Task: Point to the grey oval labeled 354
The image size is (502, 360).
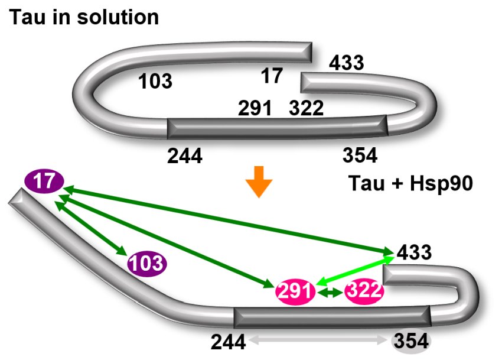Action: click(x=411, y=341)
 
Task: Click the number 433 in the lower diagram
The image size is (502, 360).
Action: click(x=413, y=253)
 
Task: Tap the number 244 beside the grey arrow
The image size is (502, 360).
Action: click(x=227, y=341)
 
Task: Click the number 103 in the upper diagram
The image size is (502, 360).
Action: click(x=155, y=82)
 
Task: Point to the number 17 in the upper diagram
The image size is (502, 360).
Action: click(x=272, y=76)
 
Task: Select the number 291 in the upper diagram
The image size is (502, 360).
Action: click(x=255, y=109)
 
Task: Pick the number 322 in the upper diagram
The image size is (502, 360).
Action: click(x=306, y=109)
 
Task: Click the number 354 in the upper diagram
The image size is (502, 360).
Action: click(x=360, y=155)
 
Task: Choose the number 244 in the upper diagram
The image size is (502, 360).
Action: click(x=185, y=156)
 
